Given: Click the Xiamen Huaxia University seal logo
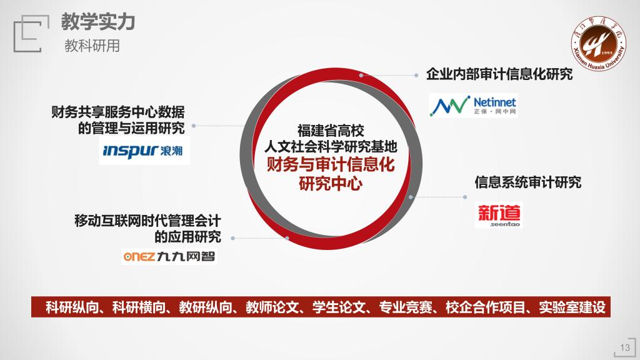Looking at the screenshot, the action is [598, 44].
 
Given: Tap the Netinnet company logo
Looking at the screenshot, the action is [473, 106].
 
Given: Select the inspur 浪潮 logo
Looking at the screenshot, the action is [144, 151].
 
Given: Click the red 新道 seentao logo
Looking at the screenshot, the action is [499, 215].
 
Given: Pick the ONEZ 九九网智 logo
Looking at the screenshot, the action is [169, 256].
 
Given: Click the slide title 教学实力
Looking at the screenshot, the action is [98, 22].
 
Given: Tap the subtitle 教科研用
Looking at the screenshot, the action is [92, 46].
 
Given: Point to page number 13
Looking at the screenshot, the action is [625, 347].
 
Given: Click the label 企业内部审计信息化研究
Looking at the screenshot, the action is [499, 74].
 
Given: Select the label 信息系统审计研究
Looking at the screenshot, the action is [527, 182].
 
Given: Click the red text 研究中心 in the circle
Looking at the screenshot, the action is [331, 183].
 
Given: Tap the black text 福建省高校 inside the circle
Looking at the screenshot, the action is [331, 131].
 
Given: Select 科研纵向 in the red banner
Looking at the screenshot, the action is [72, 307].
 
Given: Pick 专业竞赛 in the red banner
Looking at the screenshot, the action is [406, 307].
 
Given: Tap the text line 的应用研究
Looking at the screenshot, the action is [187, 237].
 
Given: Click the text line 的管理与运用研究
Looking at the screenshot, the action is [131, 128].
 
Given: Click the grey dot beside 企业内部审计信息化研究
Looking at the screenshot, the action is [416, 75].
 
